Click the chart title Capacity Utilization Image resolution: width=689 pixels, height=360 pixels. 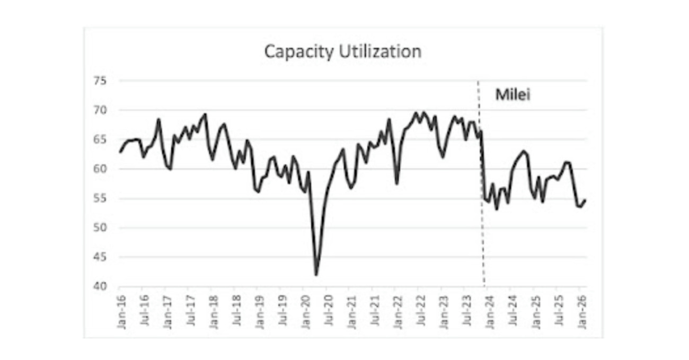tap(343, 52)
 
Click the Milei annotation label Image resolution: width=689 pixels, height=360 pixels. tap(513, 95)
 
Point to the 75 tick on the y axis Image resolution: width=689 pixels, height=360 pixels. tap(101, 81)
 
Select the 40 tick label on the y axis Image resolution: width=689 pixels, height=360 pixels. tap(101, 287)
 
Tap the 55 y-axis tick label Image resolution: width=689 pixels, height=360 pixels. tap(101, 199)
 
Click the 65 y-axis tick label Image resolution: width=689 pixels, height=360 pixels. tap(101, 140)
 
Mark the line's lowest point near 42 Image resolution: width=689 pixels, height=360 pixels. tap(316, 275)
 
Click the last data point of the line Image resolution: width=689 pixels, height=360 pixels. tap(586, 200)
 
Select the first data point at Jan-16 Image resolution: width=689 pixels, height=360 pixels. tap(120, 152)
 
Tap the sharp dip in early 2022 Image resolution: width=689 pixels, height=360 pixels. tap(397, 183)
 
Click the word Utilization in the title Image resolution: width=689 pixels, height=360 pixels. tap(381, 52)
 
